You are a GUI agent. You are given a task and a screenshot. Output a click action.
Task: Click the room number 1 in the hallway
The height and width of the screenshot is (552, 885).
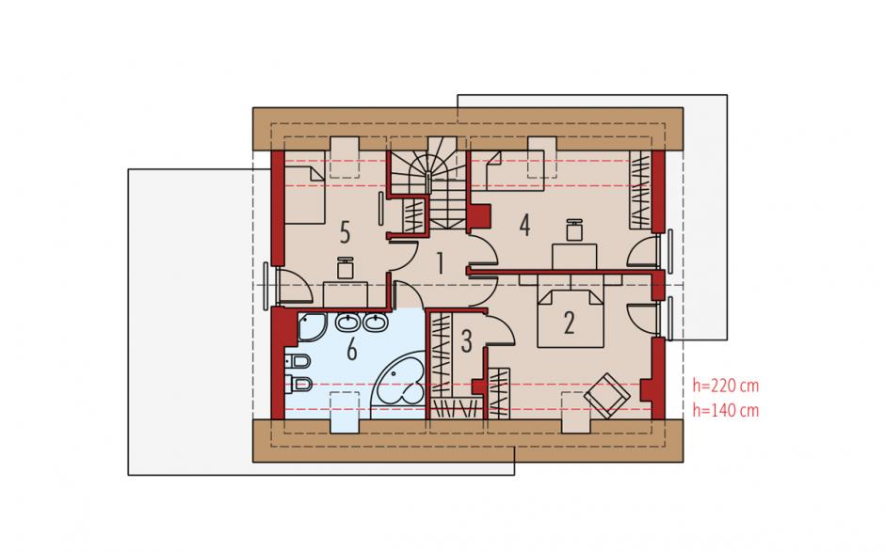point(440,264)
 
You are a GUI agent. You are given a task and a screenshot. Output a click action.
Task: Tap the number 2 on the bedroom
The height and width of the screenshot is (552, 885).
point(569,323)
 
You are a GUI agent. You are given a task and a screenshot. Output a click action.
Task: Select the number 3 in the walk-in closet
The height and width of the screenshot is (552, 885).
point(466,341)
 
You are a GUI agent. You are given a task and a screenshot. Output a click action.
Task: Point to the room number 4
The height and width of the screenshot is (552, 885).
point(525,226)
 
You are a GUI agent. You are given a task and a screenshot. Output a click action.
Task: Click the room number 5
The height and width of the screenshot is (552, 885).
point(345,232)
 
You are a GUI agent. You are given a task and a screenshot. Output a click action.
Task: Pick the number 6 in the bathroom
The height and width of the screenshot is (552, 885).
point(351,350)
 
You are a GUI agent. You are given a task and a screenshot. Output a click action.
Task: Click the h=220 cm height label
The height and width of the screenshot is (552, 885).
point(726,386)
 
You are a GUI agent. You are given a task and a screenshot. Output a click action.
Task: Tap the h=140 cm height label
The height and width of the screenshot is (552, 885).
point(726,411)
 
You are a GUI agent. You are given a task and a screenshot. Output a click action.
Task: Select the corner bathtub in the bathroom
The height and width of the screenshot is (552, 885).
point(397,384)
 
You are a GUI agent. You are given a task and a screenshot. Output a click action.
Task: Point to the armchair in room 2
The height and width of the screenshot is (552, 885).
point(606,395)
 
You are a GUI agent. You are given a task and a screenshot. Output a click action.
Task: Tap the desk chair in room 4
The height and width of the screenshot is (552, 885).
point(574,230)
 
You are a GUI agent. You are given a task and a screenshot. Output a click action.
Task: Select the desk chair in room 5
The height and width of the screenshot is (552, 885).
point(345,267)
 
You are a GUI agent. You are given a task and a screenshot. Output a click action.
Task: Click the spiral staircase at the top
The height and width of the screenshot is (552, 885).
point(430,183)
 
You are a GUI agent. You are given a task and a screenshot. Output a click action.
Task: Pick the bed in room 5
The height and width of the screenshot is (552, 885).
point(304,187)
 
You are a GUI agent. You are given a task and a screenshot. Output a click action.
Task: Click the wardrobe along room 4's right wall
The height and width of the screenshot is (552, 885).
point(640,190)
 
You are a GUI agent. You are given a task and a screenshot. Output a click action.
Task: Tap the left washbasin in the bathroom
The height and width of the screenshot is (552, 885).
point(346,323)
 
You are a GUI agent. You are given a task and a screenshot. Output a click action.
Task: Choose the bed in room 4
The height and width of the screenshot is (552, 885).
point(507,171)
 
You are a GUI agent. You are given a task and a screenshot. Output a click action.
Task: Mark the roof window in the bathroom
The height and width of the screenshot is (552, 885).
point(345,412)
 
